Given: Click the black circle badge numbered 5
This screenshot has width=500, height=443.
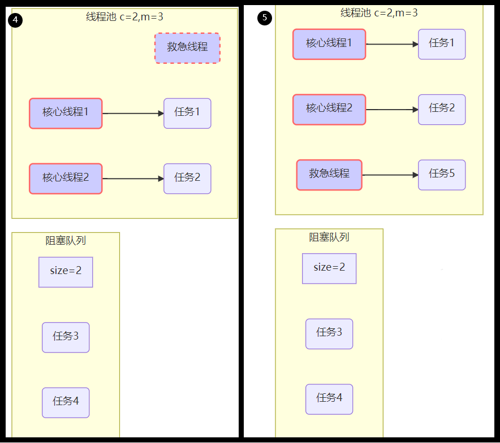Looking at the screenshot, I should point(265,18).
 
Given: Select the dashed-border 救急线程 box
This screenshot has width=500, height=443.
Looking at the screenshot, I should point(187,48).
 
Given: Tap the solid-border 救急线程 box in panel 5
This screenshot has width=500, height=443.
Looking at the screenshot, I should point(329,175).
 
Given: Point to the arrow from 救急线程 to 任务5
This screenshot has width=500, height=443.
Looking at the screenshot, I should point(390,175).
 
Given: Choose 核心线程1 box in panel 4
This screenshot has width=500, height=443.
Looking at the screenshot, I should point(66,113).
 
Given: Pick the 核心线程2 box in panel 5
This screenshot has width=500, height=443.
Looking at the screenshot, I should point(329,109).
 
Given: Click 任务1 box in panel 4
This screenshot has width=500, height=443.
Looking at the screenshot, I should point(187,113).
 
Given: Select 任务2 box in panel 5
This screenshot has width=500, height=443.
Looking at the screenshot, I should point(442,109).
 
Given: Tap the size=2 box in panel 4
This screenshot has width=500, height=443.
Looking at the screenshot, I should point(66,272).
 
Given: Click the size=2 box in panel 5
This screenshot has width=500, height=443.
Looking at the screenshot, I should point(329,268).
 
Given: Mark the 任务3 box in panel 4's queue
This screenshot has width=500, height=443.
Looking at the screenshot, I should point(66,337).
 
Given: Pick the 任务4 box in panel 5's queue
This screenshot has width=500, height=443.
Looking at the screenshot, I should point(329,399).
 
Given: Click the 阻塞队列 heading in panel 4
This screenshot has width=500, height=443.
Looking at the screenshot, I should point(66,241).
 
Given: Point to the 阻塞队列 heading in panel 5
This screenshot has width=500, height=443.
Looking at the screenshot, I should point(329,237).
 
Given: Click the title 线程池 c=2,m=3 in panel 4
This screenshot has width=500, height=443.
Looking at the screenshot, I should point(124,17).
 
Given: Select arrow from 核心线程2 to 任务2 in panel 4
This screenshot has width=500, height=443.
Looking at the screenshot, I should point(133,179).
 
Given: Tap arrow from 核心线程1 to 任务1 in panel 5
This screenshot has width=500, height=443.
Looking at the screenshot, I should point(391,44).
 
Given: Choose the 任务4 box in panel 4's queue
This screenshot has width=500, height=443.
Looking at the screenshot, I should point(66,402).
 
